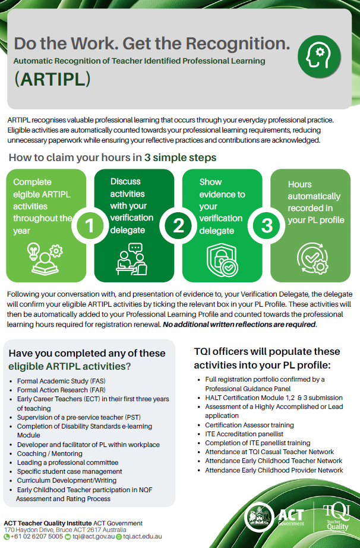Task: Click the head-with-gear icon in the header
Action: coord(319,56)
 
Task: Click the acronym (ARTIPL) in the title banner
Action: coord(52,79)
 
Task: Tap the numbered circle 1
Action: coord(89,225)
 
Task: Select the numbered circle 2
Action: coord(178,225)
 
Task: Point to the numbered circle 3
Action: coord(267,225)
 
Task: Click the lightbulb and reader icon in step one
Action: coord(45,259)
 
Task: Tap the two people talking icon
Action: coord(132,259)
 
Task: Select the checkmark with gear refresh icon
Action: coord(312,258)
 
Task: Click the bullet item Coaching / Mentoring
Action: coord(49,453)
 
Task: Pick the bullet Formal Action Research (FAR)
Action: coord(61,390)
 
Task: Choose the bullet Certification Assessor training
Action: coord(250,425)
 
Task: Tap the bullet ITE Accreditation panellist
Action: coord(244,434)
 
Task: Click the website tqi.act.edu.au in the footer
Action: coord(139,537)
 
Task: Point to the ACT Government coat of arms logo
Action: coord(259,518)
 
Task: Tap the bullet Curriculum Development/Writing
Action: coord(67,481)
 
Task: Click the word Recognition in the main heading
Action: coord(238,44)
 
